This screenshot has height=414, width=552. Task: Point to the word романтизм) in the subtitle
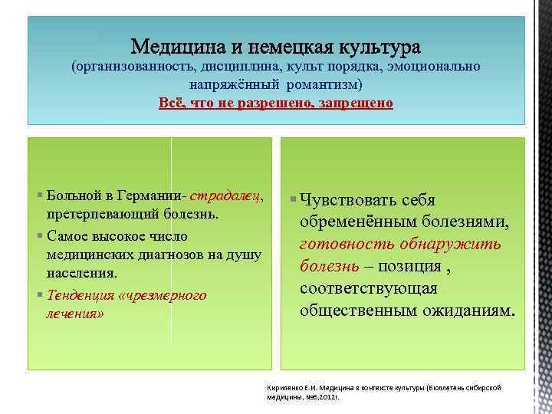tap(325, 84)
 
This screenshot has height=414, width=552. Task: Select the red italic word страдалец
tap(228, 196)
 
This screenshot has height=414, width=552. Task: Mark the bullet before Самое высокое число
tap(41, 235)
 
